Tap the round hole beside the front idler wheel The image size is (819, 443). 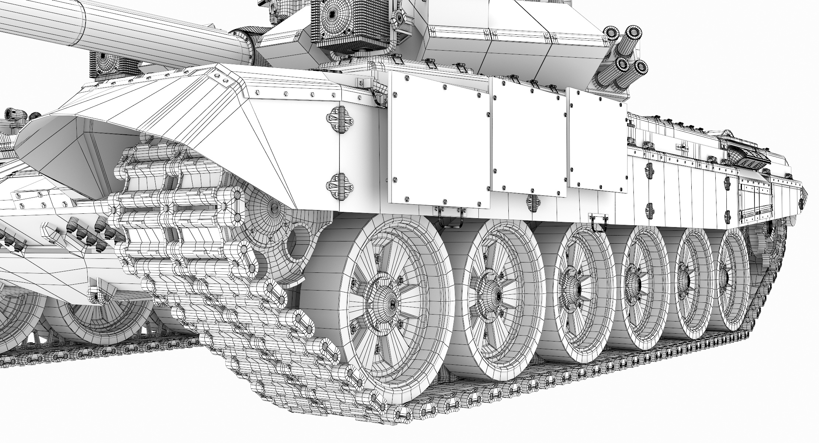coord(299,240)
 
